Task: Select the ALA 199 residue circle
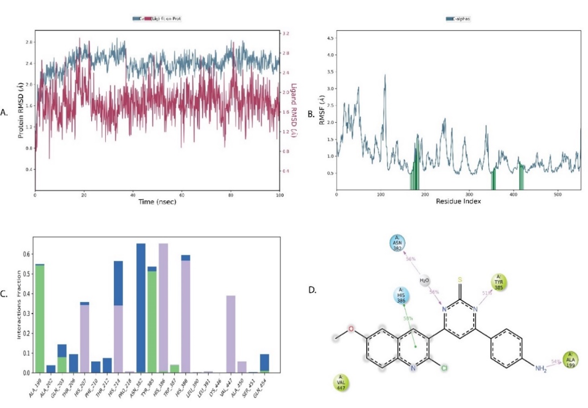(571, 359)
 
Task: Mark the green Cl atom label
(443, 368)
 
